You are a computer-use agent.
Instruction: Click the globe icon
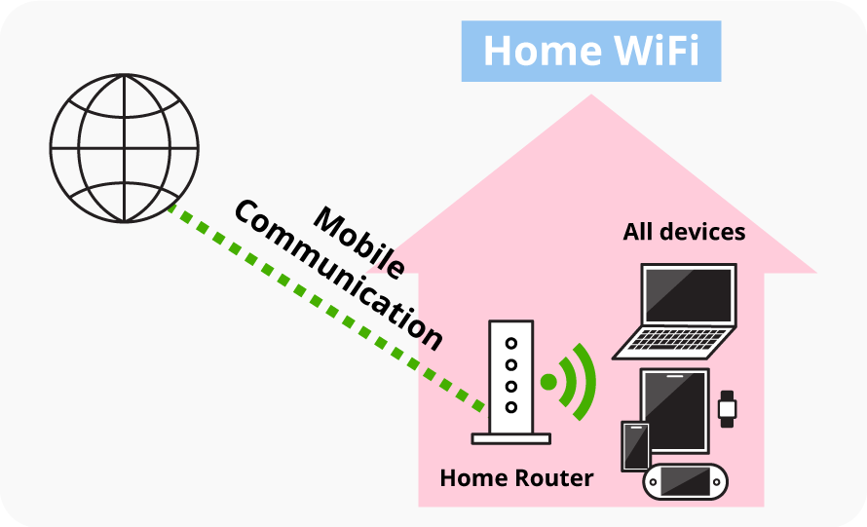124,148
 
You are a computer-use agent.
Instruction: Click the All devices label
684,232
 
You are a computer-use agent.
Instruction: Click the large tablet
674,410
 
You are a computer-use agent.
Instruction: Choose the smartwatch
727,408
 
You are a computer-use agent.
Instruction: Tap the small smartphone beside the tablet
635,445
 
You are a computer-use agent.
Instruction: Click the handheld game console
686,481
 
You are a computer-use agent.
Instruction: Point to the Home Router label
516,478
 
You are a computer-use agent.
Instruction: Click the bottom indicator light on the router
510,406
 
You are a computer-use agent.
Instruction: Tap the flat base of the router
510,438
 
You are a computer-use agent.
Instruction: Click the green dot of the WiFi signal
549,382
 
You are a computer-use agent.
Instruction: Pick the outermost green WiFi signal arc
586,382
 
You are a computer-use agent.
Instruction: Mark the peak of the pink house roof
591,96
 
